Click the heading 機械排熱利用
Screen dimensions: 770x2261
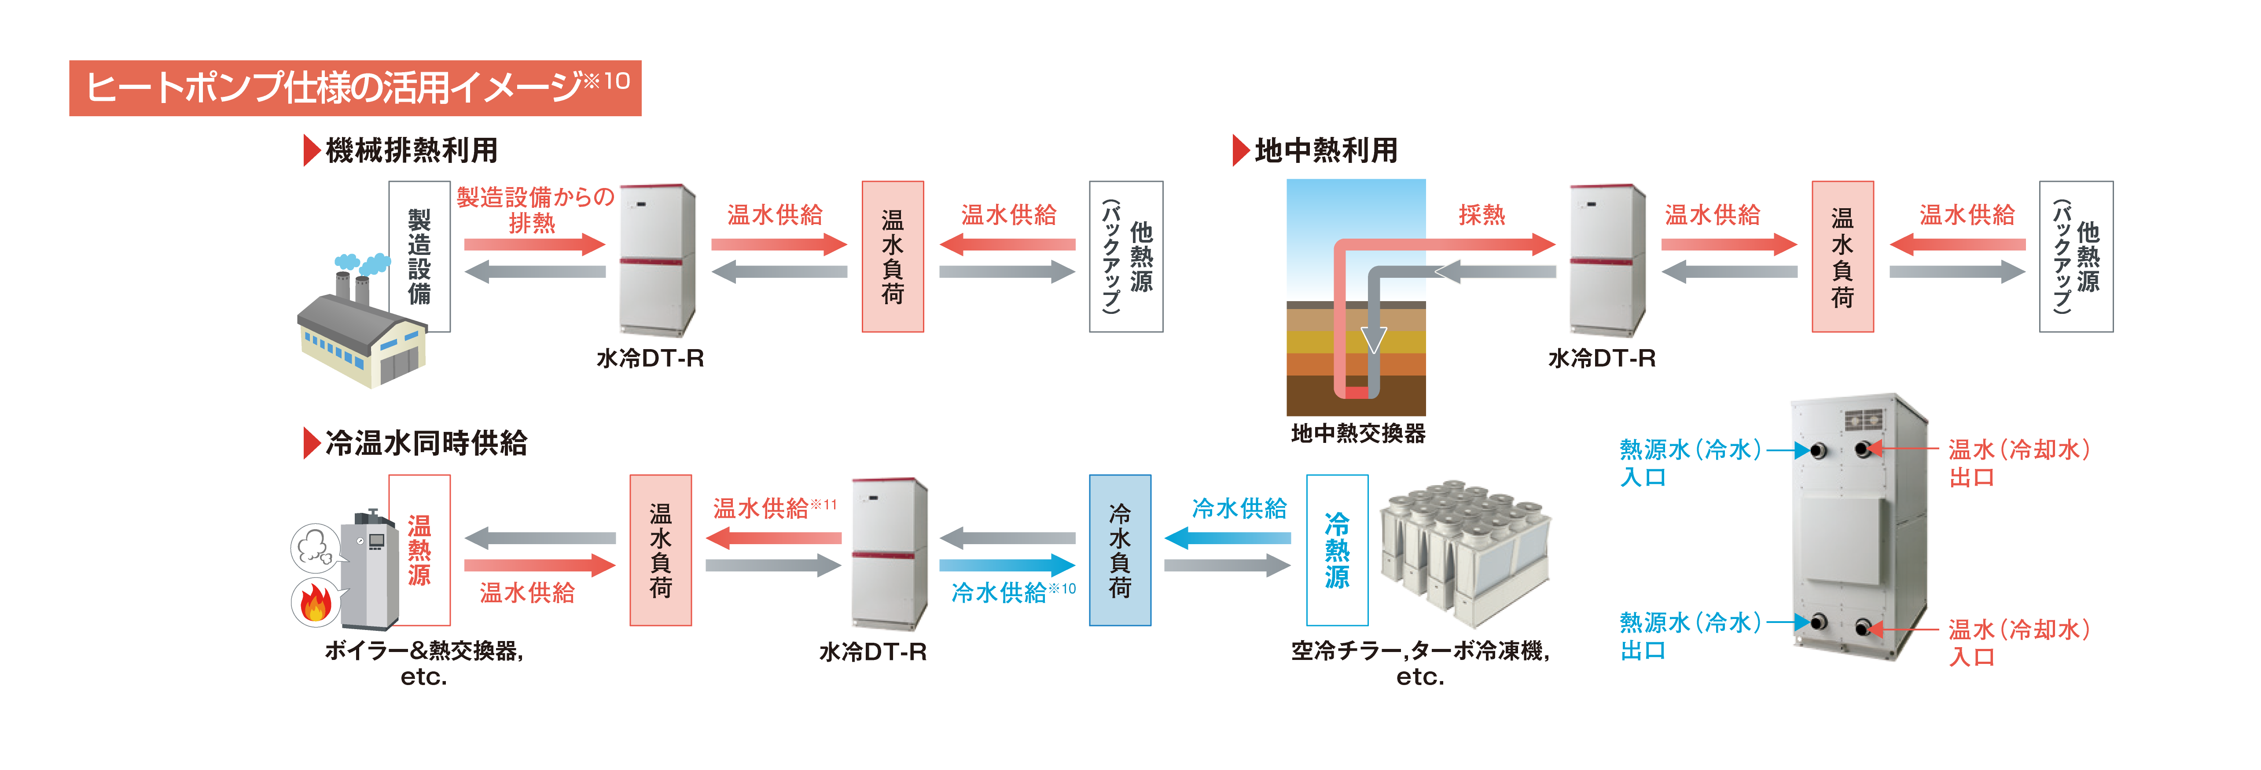[411, 150]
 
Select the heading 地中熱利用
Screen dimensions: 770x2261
[1325, 150]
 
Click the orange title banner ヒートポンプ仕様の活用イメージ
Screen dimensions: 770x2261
[356, 87]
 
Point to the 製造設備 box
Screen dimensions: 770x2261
[419, 256]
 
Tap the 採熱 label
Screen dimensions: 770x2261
[1482, 214]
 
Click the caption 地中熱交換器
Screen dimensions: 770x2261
[1358, 433]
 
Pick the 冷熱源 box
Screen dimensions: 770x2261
[1337, 550]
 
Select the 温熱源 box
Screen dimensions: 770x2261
[419, 550]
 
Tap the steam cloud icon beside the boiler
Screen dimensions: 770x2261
[314, 548]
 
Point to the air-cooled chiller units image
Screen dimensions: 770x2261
[1464, 553]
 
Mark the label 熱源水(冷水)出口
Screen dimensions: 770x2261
[1690, 636]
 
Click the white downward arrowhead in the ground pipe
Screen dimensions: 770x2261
[1374, 339]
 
